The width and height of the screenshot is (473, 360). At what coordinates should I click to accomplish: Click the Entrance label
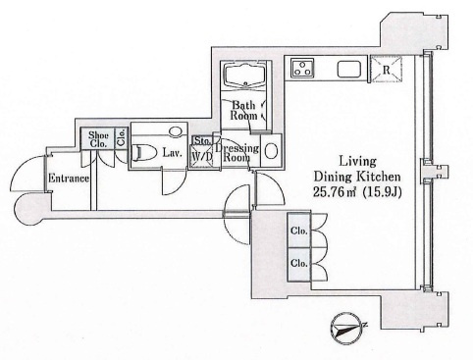click(x=69, y=179)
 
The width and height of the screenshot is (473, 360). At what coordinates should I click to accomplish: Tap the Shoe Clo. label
click(x=98, y=139)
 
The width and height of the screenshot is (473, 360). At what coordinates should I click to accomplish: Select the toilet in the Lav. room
click(x=145, y=153)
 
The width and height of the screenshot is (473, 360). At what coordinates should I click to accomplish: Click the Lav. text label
click(x=172, y=153)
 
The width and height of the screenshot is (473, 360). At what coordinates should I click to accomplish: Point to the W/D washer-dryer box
click(x=201, y=157)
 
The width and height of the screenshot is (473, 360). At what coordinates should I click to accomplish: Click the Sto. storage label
click(x=202, y=140)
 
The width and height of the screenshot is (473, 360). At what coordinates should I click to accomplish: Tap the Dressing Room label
click(x=237, y=153)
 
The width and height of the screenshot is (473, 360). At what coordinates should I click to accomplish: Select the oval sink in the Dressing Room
click(x=271, y=151)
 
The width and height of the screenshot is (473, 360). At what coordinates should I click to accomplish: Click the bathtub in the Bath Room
click(x=245, y=75)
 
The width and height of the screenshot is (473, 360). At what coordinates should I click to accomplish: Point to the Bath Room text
click(x=244, y=110)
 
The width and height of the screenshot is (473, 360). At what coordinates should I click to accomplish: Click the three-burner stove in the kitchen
click(x=302, y=68)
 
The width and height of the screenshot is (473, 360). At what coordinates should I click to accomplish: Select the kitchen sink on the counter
click(x=349, y=70)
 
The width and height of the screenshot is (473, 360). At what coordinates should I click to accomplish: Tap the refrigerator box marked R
click(x=386, y=69)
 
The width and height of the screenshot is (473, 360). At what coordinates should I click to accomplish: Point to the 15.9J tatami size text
click(x=382, y=192)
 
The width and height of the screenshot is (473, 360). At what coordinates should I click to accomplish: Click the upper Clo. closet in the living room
click(x=298, y=231)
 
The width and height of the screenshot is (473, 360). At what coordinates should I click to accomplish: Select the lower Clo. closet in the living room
click(x=298, y=264)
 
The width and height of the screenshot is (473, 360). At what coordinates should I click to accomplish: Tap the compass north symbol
click(x=348, y=327)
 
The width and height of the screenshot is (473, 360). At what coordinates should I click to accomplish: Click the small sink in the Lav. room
click(x=175, y=131)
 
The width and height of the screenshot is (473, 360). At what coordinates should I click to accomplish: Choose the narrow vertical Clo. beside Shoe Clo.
click(x=122, y=138)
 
